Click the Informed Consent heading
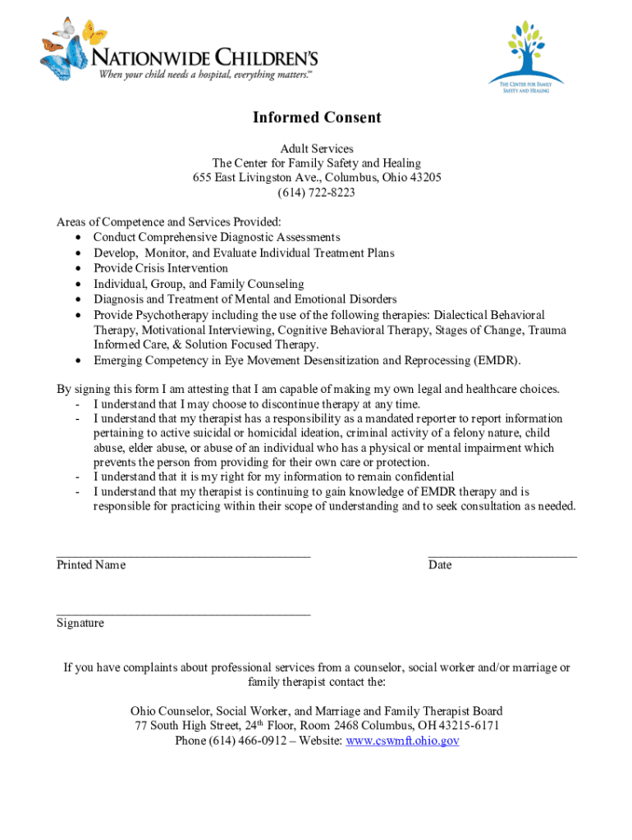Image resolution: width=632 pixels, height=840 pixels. coord(316,117)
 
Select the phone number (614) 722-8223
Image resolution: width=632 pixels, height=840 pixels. coord(316,193)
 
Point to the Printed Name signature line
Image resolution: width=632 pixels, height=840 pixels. coord(183,555)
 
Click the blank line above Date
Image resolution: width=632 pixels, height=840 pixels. coord(502,555)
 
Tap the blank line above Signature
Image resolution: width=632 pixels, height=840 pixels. coord(183,613)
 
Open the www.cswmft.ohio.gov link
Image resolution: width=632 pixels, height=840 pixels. coord(402,741)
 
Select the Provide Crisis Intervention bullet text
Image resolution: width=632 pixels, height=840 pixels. coord(161,268)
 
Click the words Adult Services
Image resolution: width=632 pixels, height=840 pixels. coord(316,148)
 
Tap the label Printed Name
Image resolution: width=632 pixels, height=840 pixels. coord(91,565)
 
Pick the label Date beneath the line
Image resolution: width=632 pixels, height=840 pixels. coord(440,565)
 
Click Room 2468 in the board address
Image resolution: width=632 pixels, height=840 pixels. coord(345,726)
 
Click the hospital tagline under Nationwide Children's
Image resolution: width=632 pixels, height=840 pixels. coord(205,75)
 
